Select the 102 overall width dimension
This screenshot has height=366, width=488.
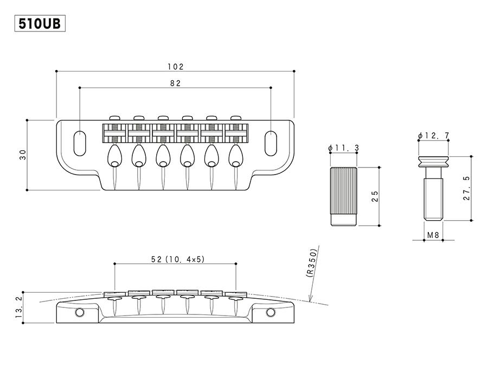[x=175, y=67]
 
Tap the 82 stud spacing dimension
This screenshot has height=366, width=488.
[x=175, y=83]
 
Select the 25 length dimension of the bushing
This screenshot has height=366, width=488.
[x=375, y=196]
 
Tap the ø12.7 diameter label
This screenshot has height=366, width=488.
[x=434, y=135]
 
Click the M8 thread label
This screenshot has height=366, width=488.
[x=433, y=235]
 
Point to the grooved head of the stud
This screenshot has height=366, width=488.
[x=433, y=160]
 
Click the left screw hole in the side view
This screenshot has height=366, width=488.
[x=81, y=312]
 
